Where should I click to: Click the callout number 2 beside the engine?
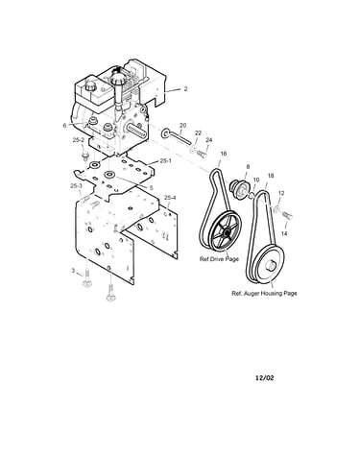pos(185,89)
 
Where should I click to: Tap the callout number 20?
pos(182,125)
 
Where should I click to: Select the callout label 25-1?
pos(166,161)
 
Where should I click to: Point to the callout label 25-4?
pos(170,198)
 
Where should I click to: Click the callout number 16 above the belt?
pos(224,154)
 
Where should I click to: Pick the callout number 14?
pos(284,234)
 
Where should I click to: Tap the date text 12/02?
pos(265,378)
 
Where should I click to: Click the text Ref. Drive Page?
pos(219,259)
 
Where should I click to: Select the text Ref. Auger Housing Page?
pos(264,293)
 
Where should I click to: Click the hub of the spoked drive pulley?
pos(227,232)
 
